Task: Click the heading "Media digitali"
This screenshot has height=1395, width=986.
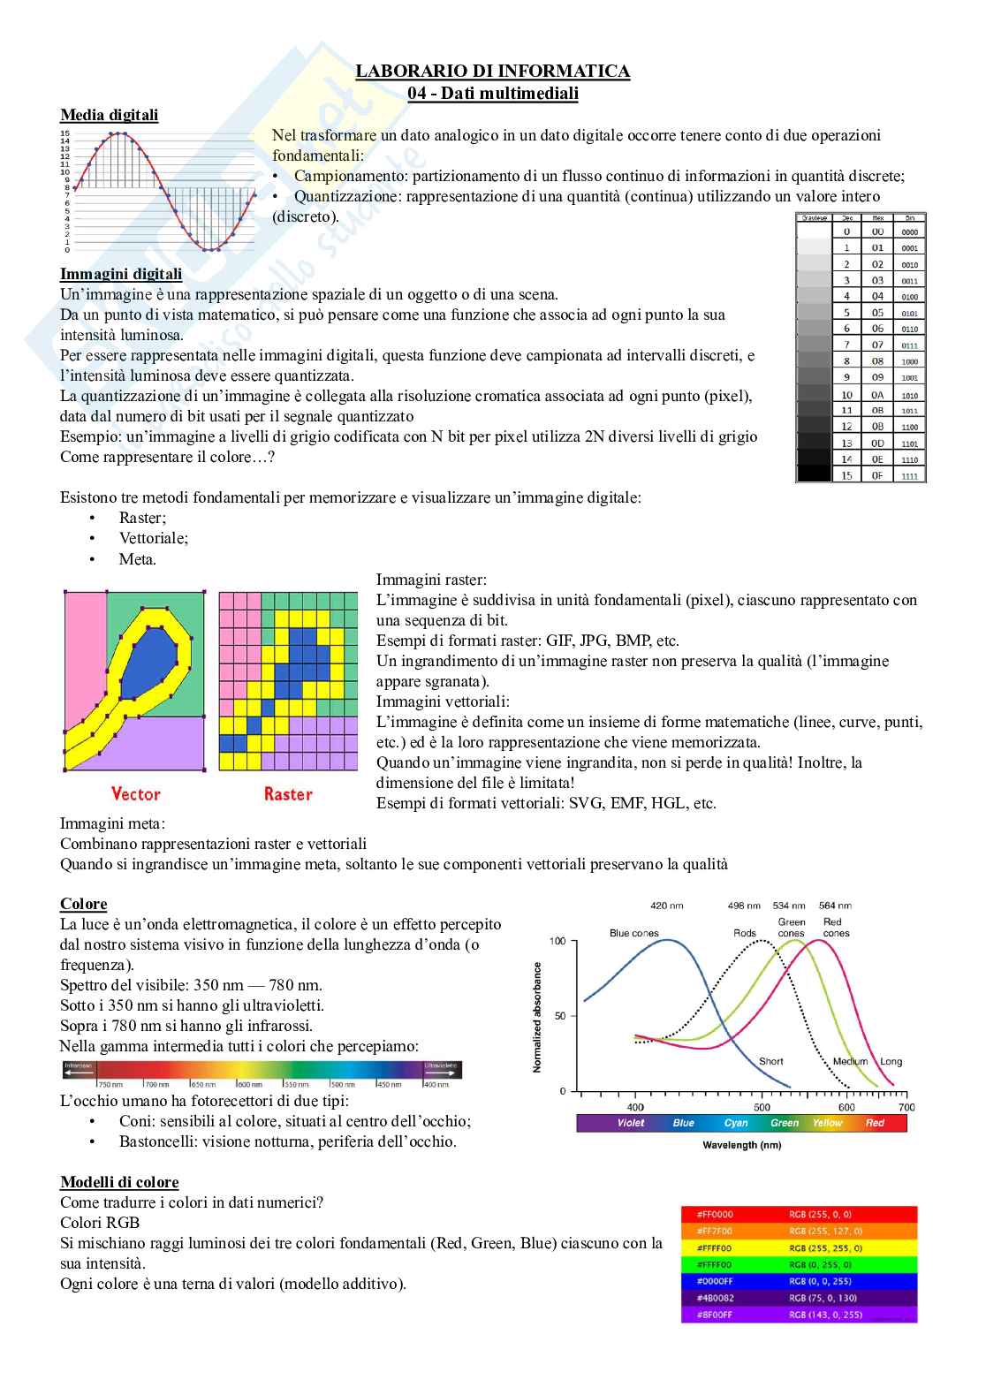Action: click(x=109, y=115)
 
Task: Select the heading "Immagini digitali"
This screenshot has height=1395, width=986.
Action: click(x=121, y=274)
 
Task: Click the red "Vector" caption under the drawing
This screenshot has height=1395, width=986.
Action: click(x=135, y=793)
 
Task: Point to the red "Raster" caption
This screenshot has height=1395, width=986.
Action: click(x=288, y=793)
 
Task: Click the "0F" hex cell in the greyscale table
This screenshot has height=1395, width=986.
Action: click(x=877, y=475)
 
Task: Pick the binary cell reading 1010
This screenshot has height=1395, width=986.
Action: click(x=909, y=396)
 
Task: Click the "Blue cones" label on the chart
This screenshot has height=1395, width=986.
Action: click(x=633, y=933)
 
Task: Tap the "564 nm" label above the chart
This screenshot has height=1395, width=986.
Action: click(x=835, y=906)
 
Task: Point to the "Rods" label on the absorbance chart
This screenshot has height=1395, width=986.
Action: click(x=745, y=933)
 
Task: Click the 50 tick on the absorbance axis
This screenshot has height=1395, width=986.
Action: click(x=560, y=1016)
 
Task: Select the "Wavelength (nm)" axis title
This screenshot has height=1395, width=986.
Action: click(x=741, y=1145)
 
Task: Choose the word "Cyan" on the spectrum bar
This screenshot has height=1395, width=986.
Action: click(x=736, y=1123)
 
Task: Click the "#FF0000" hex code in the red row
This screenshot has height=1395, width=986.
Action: click(x=715, y=1215)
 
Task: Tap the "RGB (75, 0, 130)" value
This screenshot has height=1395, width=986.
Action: click(x=826, y=1298)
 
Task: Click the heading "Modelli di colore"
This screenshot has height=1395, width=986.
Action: click(x=119, y=1182)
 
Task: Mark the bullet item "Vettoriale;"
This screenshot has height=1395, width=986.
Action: click(x=154, y=538)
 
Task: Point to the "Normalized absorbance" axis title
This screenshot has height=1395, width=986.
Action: click(x=537, y=1017)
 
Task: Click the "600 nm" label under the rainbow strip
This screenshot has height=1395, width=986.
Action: click(x=250, y=1084)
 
